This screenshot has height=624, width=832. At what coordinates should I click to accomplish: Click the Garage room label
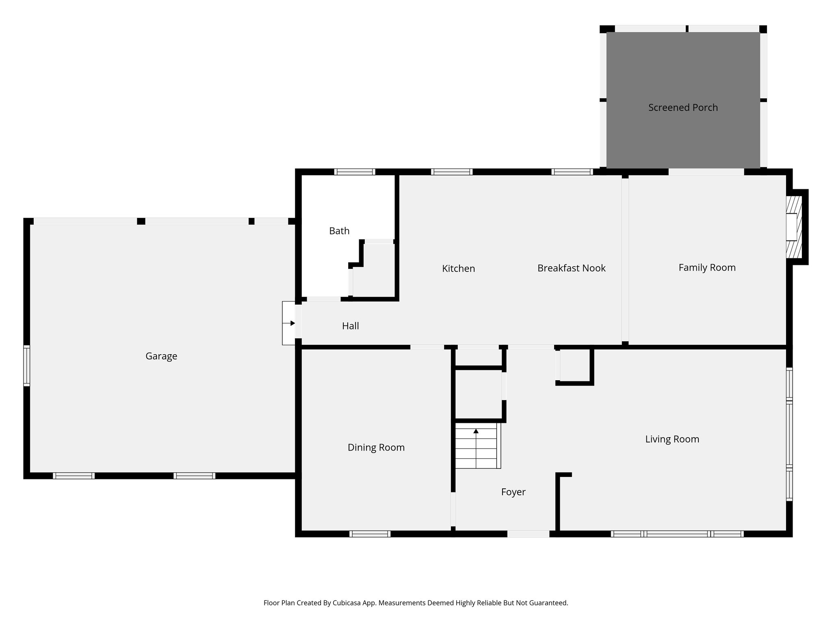(161, 356)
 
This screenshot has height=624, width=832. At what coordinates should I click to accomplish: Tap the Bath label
(339, 231)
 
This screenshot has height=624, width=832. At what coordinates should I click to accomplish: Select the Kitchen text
(458, 269)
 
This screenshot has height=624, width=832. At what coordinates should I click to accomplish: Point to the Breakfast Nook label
(571, 268)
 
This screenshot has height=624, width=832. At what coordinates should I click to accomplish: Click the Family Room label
(707, 268)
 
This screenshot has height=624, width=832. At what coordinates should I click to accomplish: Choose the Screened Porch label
(683, 108)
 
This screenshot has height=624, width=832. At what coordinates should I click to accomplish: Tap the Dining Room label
(376, 448)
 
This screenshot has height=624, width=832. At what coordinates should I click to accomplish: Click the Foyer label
(513, 492)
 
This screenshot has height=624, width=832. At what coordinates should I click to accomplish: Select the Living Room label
(672, 439)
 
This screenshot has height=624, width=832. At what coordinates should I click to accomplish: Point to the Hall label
(350, 326)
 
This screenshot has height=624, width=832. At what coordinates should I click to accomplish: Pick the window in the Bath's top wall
(354, 172)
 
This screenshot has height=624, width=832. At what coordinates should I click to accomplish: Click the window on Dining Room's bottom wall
(370, 534)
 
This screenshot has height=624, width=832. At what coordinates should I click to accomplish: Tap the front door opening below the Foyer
(528, 534)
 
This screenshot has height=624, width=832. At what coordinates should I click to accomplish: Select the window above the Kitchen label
(451, 172)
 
